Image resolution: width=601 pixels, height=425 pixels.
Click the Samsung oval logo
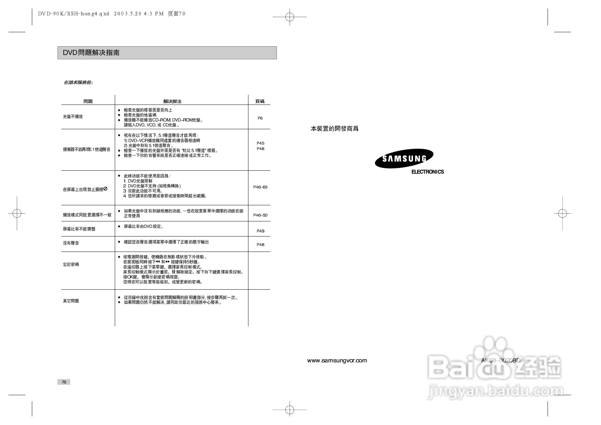click(404, 159)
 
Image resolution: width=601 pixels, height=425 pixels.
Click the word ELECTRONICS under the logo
click(427, 172)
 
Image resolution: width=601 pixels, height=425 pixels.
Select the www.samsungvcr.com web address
click(337, 361)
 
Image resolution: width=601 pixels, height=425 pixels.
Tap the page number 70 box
click(64, 382)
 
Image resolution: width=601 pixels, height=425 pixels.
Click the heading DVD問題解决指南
click(91, 53)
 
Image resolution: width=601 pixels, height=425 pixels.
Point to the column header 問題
click(88, 101)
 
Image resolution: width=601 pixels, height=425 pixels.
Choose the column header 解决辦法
click(172, 101)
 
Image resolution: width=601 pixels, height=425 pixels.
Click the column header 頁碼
click(260, 101)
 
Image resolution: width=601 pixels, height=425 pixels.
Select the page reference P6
click(260, 118)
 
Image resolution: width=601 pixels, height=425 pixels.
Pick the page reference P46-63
click(260, 187)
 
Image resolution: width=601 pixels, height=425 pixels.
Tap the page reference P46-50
click(260, 215)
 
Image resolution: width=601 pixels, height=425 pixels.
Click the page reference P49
click(260, 231)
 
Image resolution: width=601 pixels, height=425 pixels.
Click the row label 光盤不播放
click(73, 117)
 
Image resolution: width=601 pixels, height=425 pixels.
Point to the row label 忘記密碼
click(71, 265)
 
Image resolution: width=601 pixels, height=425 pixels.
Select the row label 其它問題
click(71, 301)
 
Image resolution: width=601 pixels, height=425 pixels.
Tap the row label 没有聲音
click(71, 243)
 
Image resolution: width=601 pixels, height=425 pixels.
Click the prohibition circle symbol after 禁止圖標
click(106, 189)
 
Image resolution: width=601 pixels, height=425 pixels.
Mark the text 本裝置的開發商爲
click(334, 129)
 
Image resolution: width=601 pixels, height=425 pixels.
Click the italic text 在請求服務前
click(78, 83)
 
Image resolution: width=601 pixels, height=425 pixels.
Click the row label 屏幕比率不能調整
click(79, 229)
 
